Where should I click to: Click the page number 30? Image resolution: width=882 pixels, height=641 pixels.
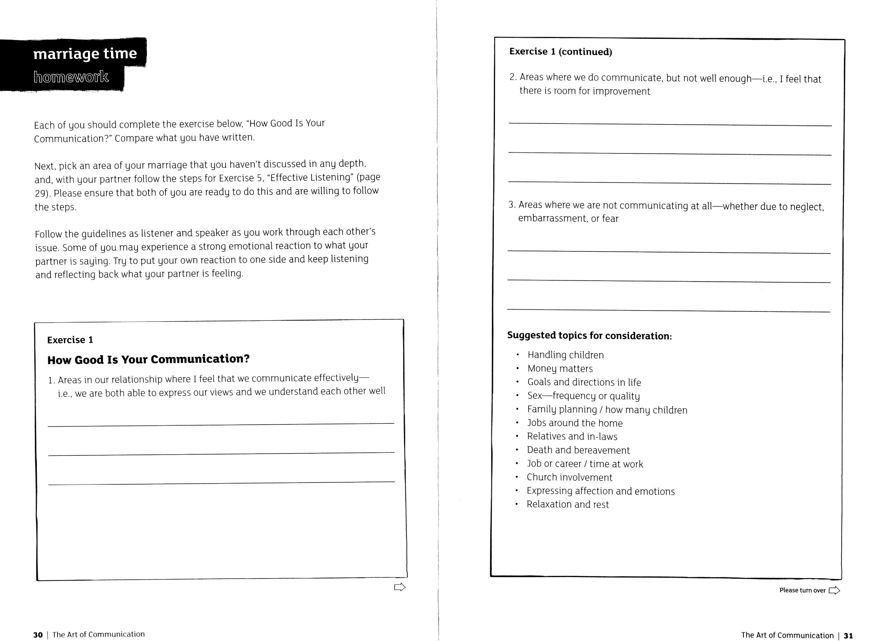click(x=38, y=635)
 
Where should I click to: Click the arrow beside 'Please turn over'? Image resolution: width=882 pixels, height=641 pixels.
click(x=834, y=591)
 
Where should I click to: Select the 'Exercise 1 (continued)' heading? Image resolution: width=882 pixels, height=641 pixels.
click(x=560, y=52)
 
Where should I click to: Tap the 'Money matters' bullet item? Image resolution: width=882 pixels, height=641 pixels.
click(x=560, y=368)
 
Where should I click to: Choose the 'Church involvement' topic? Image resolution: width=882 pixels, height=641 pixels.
click(x=569, y=477)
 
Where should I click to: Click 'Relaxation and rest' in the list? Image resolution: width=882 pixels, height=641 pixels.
click(x=567, y=504)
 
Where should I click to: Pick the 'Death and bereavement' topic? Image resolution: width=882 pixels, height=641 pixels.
click(x=578, y=450)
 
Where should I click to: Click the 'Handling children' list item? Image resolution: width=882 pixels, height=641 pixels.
click(x=565, y=355)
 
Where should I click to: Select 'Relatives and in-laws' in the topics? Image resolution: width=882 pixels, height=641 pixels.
click(x=572, y=436)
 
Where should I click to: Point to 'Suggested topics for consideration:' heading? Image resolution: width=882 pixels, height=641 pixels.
click(x=589, y=336)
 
